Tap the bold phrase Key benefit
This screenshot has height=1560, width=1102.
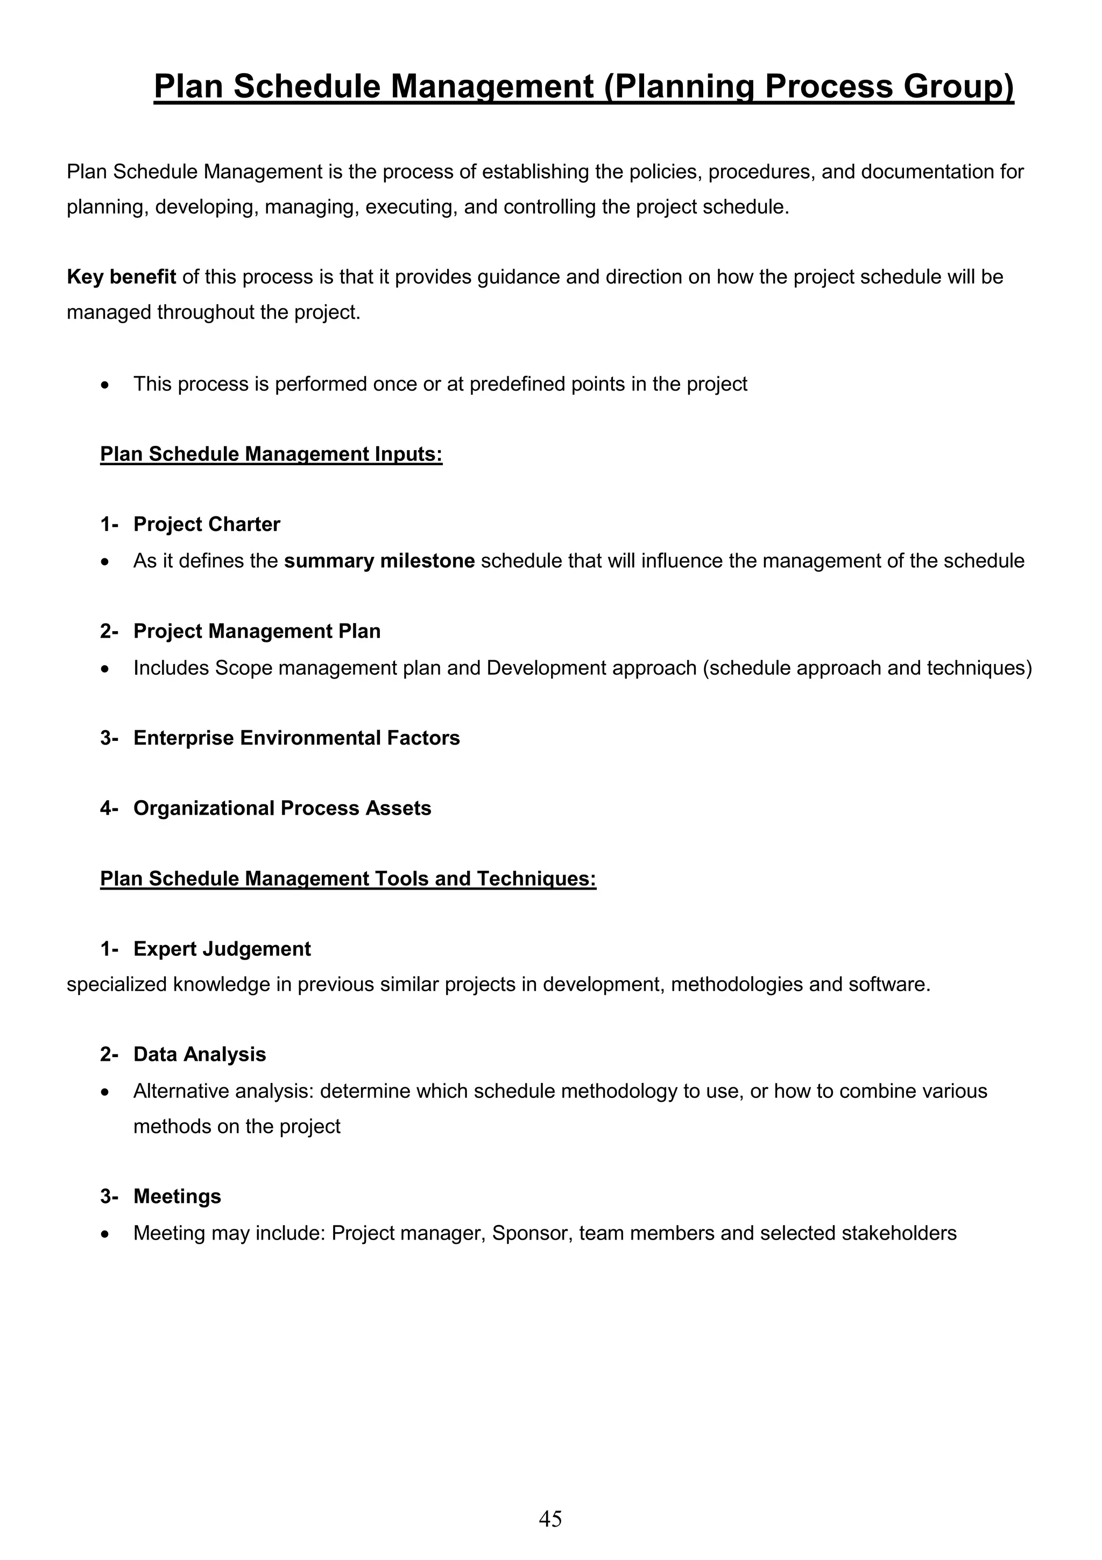(x=122, y=277)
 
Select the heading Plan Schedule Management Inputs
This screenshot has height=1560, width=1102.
(x=271, y=454)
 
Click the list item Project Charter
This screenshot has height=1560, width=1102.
(x=207, y=524)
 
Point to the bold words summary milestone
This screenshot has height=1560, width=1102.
(x=379, y=561)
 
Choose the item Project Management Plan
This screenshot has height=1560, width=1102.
(x=257, y=631)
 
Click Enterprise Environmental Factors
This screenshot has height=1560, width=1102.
(x=296, y=738)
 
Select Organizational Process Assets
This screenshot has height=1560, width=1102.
(x=282, y=808)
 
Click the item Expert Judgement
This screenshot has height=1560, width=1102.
(x=222, y=949)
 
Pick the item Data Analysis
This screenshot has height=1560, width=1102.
(x=200, y=1054)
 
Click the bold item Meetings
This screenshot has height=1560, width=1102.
(x=177, y=1197)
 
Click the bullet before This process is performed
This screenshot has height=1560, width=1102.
(x=104, y=385)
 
